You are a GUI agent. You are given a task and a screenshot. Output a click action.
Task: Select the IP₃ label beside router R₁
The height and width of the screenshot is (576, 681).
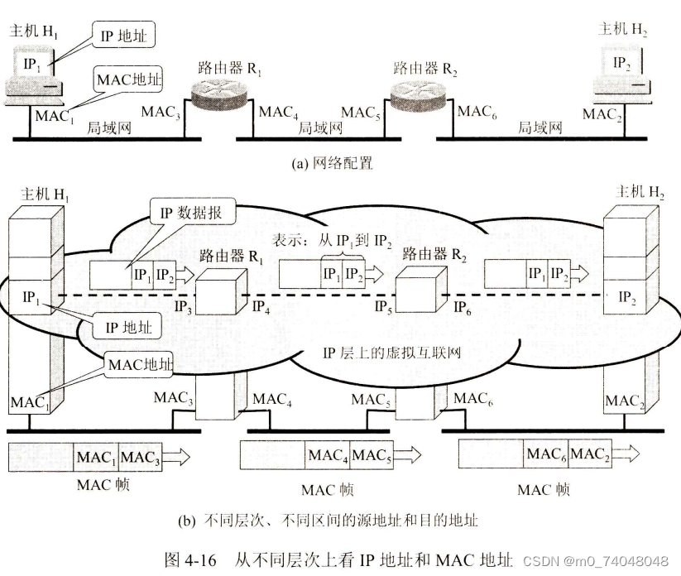tap(185, 308)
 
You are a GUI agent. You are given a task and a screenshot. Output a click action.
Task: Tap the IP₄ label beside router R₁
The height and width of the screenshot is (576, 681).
tap(261, 308)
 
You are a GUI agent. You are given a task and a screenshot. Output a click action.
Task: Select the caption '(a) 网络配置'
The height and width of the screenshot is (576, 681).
tap(333, 163)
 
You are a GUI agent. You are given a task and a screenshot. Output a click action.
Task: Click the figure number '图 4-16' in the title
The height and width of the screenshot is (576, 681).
tap(191, 559)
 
